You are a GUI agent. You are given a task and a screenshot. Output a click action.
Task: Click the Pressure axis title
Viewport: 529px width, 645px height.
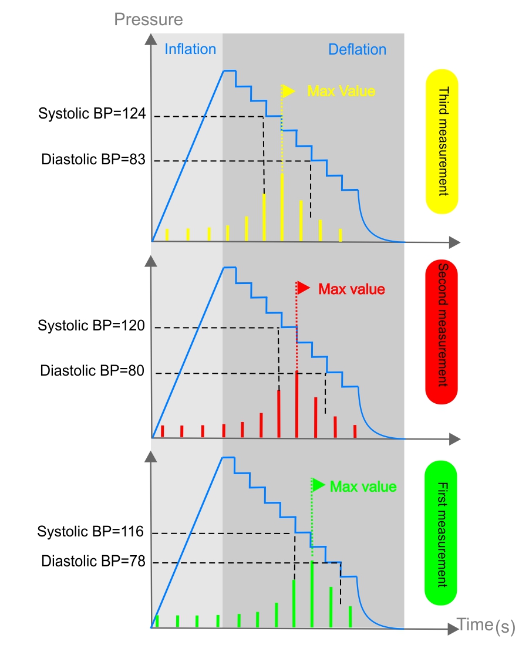[149, 19]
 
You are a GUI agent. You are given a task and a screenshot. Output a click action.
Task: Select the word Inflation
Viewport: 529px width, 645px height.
[190, 49]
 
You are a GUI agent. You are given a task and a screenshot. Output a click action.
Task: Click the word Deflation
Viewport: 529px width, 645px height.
[357, 49]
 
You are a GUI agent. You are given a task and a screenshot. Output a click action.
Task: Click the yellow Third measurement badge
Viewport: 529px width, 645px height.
[442, 141]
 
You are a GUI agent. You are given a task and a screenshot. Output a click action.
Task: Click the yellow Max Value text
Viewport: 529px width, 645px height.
[341, 91]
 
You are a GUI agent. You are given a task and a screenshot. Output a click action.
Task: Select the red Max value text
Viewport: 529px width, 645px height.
[351, 289]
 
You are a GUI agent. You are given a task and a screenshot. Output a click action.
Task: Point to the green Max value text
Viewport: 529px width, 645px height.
[363, 487]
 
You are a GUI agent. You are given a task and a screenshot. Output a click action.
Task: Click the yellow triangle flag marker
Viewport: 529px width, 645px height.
[288, 91]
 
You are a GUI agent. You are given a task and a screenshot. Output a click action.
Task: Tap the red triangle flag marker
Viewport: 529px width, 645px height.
[303, 288]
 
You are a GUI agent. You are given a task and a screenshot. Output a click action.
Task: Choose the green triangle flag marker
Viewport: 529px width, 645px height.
[318, 485]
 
